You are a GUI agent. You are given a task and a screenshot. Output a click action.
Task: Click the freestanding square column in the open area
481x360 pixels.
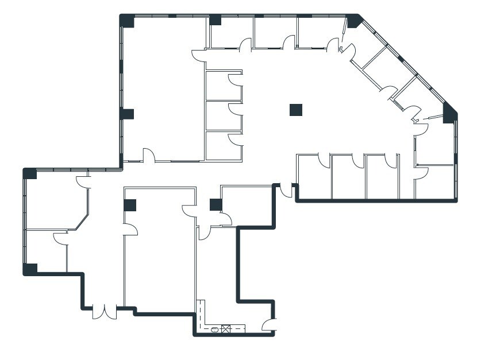point(296,110)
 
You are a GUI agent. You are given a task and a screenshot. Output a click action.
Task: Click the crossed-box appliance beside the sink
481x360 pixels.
point(226,329)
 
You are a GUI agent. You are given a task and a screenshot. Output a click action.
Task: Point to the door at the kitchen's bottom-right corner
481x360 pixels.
point(269,325)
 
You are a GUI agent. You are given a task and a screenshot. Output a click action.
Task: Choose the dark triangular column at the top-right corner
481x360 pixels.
point(353,21)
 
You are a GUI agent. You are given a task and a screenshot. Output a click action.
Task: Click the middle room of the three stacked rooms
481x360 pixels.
point(223,116)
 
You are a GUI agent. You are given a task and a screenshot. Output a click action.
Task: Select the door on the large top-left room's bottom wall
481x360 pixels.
point(148,156)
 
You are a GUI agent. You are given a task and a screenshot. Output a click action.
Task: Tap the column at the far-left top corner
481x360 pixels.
point(30,173)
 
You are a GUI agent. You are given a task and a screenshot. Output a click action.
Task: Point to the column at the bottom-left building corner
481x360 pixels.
point(30,269)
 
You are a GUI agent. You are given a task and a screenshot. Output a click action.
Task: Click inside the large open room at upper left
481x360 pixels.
point(164,86)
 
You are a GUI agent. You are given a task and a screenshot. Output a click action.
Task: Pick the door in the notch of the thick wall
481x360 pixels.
point(286,191)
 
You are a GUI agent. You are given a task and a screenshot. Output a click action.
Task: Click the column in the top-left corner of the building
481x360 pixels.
point(127,21)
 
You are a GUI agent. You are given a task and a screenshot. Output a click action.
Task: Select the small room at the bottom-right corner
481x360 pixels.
point(435,182)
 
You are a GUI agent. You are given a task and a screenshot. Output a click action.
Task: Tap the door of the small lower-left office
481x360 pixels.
point(60,238)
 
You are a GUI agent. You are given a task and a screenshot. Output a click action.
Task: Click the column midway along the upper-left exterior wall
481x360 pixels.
point(127,114)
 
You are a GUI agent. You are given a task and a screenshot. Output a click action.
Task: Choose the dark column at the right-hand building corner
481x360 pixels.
point(450,114)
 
